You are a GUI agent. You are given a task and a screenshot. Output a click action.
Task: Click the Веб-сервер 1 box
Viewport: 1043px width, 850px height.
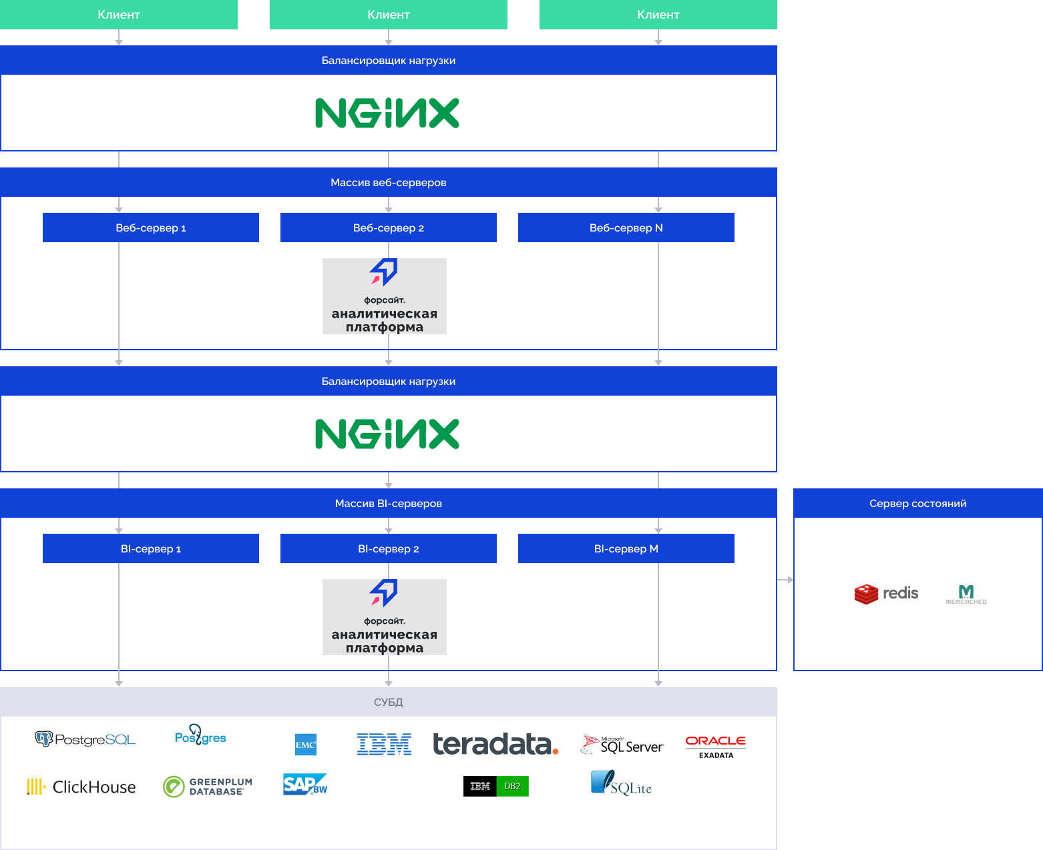[x=150, y=228]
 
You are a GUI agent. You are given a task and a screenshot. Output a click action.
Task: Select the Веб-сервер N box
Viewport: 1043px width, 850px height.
[x=626, y=228]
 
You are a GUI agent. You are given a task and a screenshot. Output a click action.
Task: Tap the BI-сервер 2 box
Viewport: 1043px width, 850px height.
[x=388, y=548]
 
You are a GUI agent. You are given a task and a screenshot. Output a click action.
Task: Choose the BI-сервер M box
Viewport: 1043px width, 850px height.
[x=626, y=548]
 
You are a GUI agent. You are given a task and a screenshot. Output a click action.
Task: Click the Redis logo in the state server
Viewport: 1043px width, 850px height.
[x=886, y=594]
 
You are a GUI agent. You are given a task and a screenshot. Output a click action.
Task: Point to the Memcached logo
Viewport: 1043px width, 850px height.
[x=966, y=594]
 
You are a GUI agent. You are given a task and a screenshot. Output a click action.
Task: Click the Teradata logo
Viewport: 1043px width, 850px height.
[x=495, y=744]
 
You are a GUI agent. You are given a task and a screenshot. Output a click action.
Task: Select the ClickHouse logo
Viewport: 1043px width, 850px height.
[x=81, y=787]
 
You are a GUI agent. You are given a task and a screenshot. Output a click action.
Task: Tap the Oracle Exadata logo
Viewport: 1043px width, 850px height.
[x=715, y=746]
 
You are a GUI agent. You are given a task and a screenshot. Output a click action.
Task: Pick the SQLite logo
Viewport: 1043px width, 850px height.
[x=621, y=783]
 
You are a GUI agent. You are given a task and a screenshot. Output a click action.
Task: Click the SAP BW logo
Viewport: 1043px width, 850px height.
[x=304, y=785]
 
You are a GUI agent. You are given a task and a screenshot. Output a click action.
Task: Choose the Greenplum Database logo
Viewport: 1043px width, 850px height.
[x=208, y=787]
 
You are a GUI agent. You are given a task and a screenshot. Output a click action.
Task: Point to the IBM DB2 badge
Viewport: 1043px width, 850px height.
[x=495, y=786]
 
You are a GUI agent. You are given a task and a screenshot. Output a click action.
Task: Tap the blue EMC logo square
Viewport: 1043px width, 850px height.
[x=306, y=745]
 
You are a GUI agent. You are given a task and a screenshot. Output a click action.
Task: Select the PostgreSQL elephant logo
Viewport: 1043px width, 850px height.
[x=44, y=739]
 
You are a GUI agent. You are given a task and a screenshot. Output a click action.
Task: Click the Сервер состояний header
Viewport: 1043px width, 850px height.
[x=917, y=503]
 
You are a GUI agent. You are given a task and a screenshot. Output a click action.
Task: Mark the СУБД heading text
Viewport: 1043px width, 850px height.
[x=388, y=702]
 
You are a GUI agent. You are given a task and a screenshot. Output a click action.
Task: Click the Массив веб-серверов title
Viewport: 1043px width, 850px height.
[x=388, y=182]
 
